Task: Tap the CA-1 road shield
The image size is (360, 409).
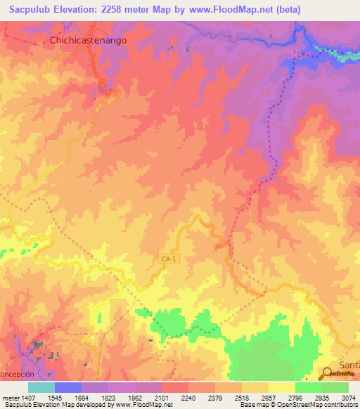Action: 166,259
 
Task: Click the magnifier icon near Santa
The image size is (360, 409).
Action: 328,373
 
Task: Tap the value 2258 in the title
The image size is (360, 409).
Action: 117,10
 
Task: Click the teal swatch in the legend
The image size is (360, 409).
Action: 41,387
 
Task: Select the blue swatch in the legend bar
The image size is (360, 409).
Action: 68,387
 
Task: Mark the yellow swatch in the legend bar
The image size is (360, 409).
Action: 281,387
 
